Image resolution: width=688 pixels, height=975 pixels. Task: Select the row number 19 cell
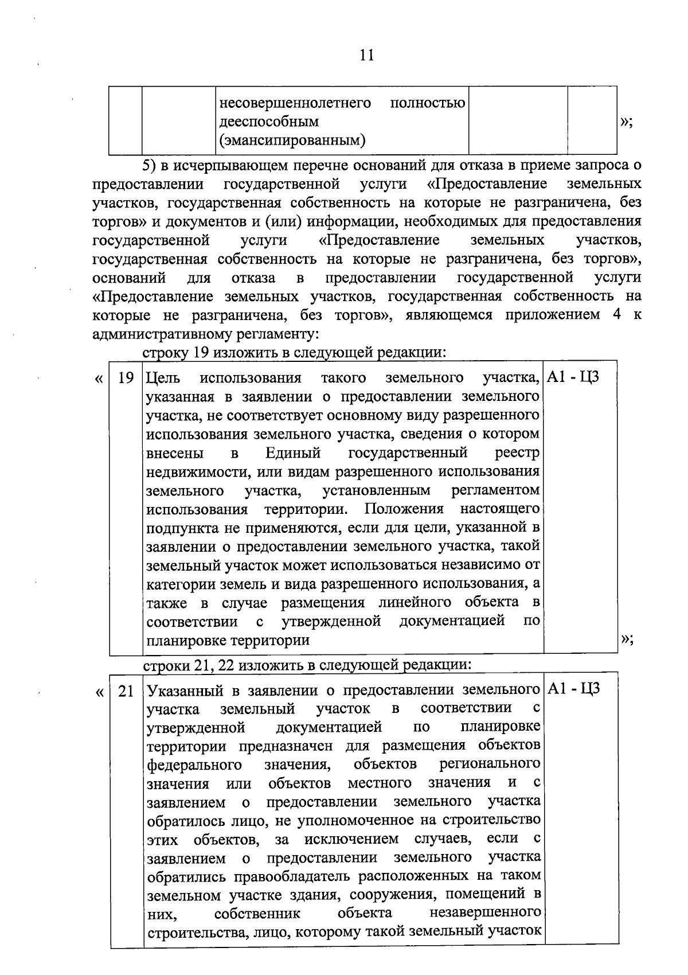coord(126,378)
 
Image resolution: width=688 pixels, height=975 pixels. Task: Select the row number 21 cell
coord(126,691)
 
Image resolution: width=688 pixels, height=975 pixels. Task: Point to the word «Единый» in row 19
coord(292,453)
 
